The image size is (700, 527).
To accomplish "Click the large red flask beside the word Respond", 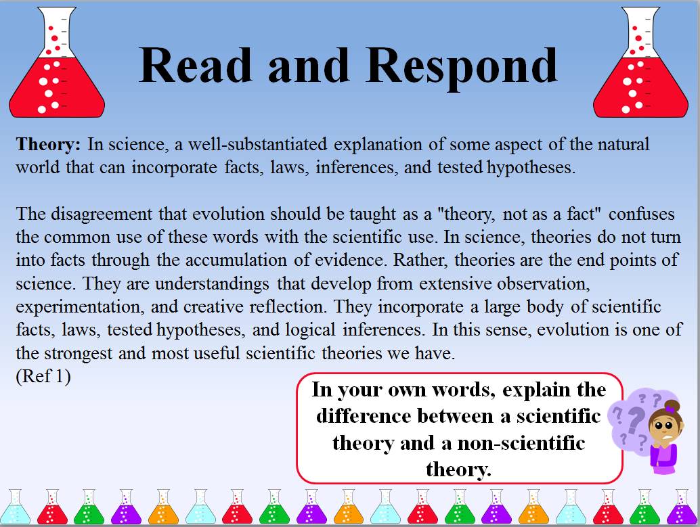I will click(x=640, y=68).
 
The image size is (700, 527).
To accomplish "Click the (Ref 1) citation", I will click(x=43, y=377).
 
